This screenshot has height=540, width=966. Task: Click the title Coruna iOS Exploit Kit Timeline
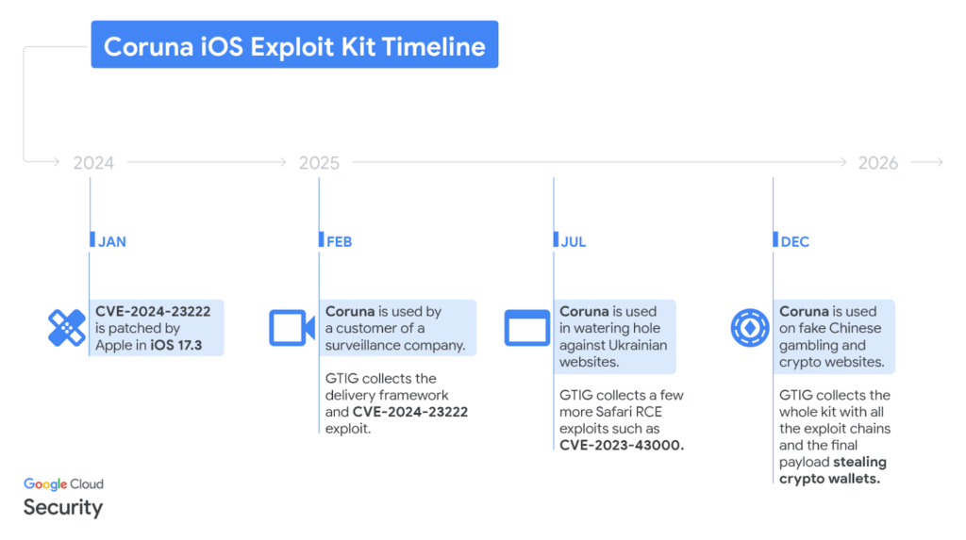coord(294,45)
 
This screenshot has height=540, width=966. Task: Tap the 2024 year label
coord(93,163)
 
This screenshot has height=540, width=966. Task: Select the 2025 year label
coord(319,163)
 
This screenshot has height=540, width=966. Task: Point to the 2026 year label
coord(877,163)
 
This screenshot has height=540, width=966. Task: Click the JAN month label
coord(111,241)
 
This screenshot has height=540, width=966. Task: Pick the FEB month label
coord(339,241)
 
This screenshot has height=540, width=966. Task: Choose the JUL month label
coord(573,241)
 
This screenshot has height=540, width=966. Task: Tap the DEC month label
coord(794,241)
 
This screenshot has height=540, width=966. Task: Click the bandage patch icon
coord(66,328)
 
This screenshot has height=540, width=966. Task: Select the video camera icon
coord(291,328)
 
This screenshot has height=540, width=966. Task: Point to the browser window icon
coord(526,328)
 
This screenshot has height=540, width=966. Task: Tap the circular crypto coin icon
coord(750,328)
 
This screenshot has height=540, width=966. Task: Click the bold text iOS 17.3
coord(178,346)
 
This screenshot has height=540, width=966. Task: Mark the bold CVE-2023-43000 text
coord(621,445)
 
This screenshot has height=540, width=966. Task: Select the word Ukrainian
coord(638,346)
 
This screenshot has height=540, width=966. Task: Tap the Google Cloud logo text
coord(63,483)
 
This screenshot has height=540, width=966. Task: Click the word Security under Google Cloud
coord(62,507)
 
